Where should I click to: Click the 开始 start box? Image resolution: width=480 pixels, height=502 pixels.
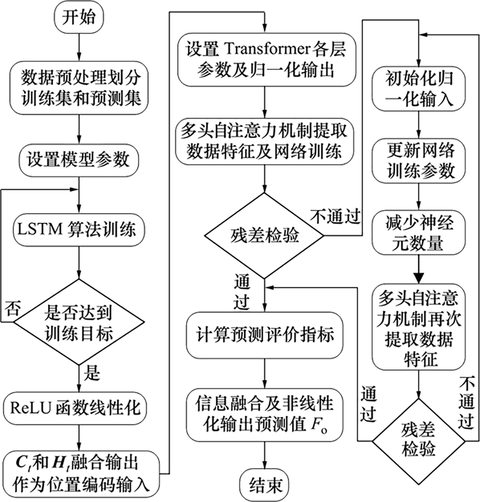(79, 18)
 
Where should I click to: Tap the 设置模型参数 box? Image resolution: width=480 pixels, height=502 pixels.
(79, 160)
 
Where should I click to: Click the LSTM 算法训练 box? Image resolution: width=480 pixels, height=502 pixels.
(79, 230)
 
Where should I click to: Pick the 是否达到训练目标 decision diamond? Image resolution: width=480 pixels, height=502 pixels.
(79, 322)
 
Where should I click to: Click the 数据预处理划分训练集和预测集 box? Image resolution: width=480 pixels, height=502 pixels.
(79, 88)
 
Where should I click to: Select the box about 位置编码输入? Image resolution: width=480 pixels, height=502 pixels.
(82, 474)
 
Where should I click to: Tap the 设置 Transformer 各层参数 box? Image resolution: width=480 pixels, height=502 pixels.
(265, 60)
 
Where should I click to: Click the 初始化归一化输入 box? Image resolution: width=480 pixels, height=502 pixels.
(419, 89)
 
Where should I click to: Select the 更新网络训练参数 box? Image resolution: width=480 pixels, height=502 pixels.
(419, 161)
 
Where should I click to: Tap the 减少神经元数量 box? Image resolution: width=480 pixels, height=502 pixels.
(419, 233)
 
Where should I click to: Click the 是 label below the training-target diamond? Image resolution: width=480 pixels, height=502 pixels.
(92, 373)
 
